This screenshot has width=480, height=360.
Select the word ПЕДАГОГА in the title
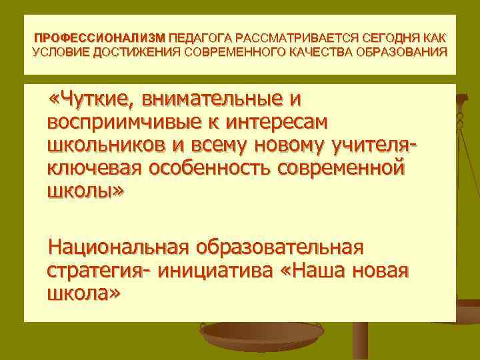[200, 39]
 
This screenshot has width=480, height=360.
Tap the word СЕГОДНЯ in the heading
[387, 39]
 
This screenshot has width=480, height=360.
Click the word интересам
[280, 123]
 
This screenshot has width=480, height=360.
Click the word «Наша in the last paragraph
[323, 271]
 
